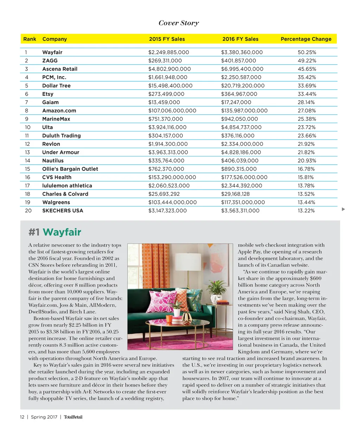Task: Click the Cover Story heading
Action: click(179, 23)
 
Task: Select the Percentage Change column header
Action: click(306, 39)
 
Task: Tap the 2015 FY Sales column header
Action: click(167, 39)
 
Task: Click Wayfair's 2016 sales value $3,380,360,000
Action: click(242, 52)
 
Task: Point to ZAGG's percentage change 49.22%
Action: click(307, 61)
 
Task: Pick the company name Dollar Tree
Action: click(56, 86)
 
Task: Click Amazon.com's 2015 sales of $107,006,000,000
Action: click(172, 111)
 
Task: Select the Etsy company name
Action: click(48, 94)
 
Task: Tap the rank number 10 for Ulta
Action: click(28, 127)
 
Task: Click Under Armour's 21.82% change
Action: click(307, 152)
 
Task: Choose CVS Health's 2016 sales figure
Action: click(244, 177)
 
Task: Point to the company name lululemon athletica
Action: click(67, 186)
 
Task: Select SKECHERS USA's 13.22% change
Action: click(306, 211)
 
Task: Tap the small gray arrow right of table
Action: click(343, 209)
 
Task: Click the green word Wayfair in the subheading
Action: click(62, 232)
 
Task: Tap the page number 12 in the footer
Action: click(22, 417)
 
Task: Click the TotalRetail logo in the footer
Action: click(73, 417)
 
